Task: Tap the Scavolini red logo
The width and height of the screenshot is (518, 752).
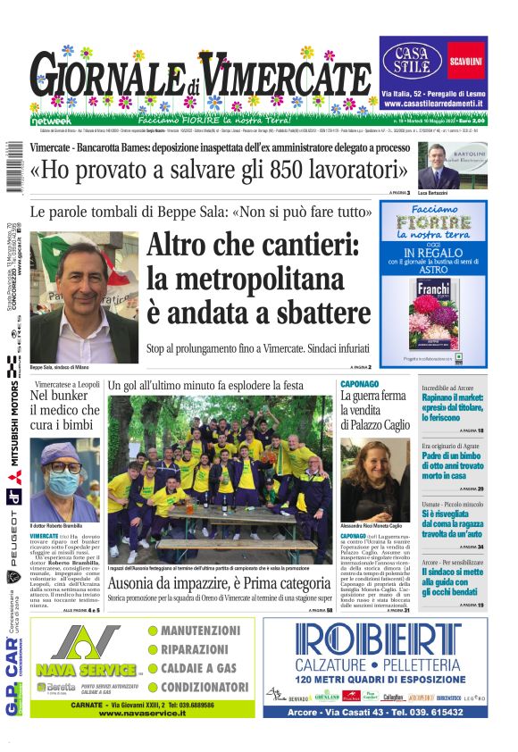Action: pos(466,61)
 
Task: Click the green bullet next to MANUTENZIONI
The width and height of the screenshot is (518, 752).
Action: pos(153,631)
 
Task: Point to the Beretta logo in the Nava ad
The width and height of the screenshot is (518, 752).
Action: pos(55,688)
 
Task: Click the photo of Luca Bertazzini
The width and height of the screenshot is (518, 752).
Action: pos(439,165)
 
